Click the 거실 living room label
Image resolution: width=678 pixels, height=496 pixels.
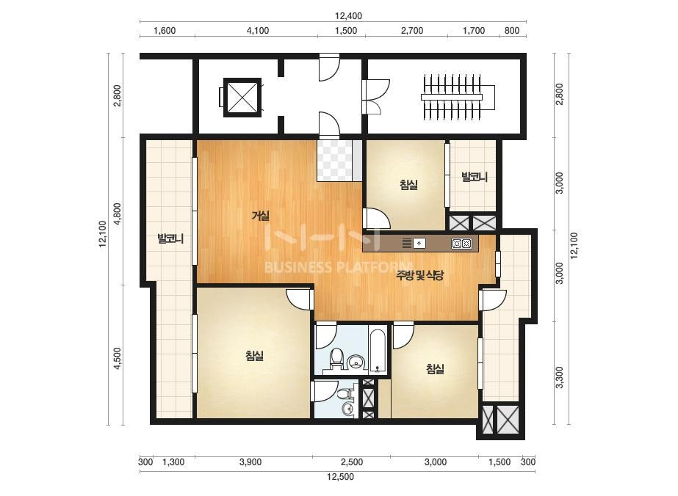click(261, 215)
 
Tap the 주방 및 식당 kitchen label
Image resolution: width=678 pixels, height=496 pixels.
click(420, 275)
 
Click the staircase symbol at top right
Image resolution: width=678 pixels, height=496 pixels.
click(452, 97)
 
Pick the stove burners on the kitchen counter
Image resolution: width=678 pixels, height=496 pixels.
click(461, 244)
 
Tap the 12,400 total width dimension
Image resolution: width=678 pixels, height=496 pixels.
click(348, 16)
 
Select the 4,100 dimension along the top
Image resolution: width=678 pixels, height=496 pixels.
click(258, 31)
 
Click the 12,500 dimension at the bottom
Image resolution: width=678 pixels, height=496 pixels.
click(340, 477)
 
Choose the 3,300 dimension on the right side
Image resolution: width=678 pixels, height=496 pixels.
click(560, 377)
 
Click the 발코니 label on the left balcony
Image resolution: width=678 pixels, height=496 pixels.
click(170, 238)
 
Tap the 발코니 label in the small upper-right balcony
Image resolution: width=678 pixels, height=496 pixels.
click(475, 177)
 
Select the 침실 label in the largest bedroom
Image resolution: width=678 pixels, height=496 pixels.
click(254, 356)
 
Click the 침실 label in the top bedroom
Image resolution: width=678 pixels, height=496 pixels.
click(408, 185)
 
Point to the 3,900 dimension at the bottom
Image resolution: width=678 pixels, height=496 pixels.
click(250, 462)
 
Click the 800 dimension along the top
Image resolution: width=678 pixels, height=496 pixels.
click(512, 31)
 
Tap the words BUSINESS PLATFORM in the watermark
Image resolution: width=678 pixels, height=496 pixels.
click(338, 267)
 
